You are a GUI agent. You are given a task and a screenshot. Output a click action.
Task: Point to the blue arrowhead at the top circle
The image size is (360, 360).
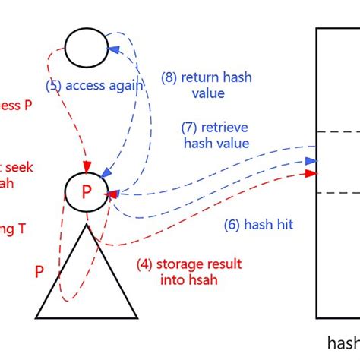click(x=114, y=49)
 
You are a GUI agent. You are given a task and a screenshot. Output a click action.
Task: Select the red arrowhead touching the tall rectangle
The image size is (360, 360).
click(x=311, y=174)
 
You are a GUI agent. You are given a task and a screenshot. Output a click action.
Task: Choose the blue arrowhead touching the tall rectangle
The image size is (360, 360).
click(x=311, y=161)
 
